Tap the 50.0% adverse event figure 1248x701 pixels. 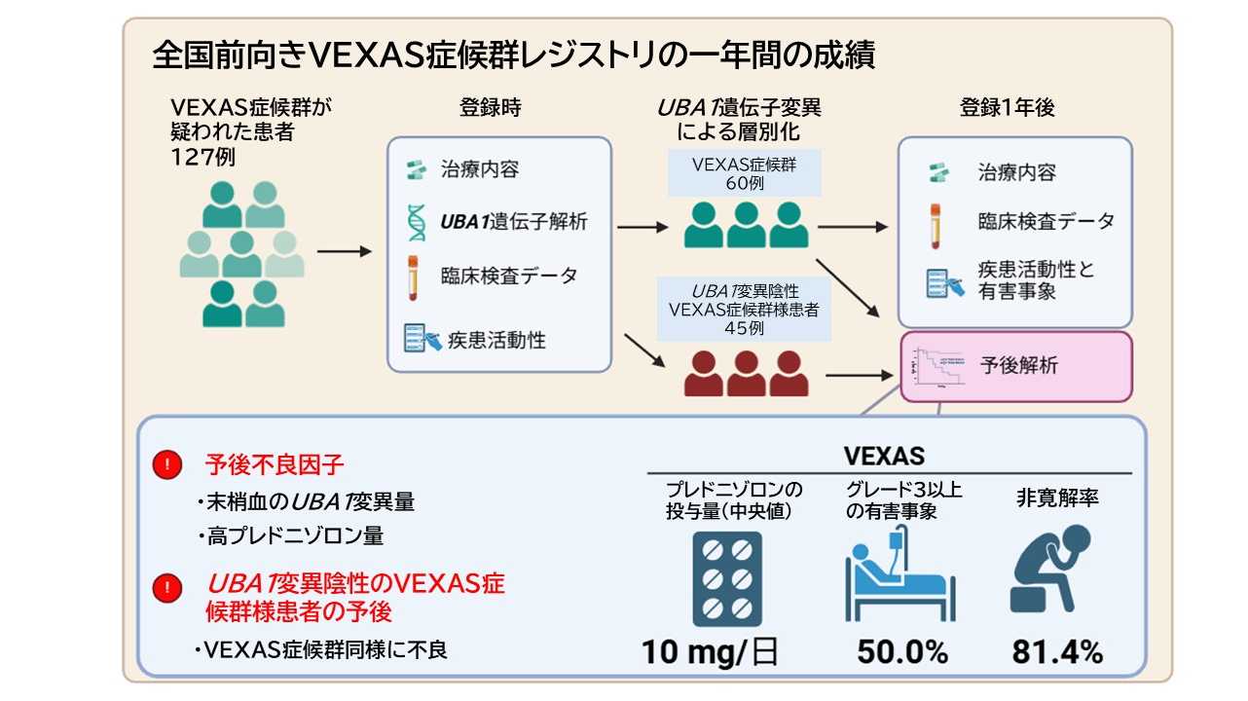901,651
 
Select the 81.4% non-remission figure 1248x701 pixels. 1057,651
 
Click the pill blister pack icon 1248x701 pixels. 727,578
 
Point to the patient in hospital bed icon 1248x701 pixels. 896,574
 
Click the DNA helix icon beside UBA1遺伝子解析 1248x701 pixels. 416,222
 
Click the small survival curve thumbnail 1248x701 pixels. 935,368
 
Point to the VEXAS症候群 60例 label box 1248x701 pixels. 745,173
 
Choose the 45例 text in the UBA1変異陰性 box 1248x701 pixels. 745,328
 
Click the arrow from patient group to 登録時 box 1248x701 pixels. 345,252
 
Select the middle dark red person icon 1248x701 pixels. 746,374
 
